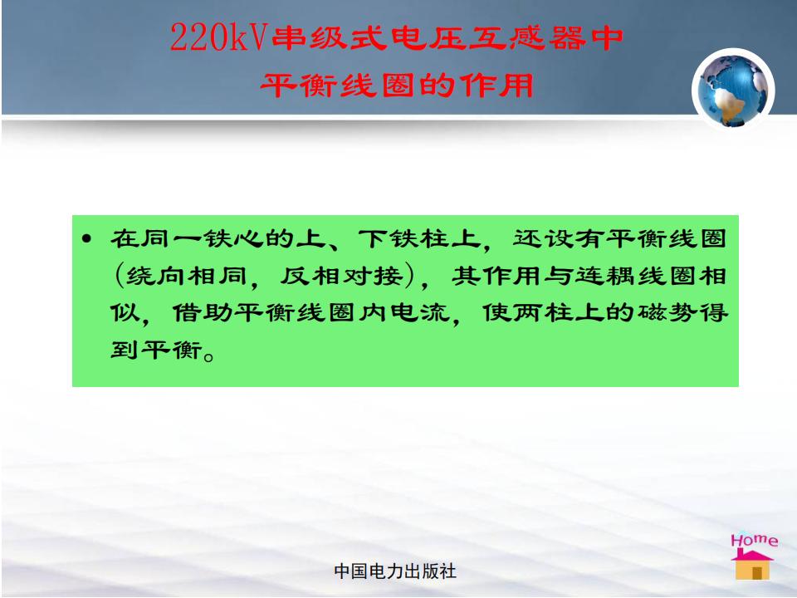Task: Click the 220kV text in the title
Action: (218, 37)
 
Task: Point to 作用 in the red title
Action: (496, 85)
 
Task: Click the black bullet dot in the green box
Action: (87, 238)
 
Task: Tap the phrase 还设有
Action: (559, 238)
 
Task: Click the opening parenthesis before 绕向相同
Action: (119, 276)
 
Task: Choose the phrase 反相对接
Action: (341, 276)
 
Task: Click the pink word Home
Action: (755, 540)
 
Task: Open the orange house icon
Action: (752, 565)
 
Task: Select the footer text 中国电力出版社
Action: (395, 571)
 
